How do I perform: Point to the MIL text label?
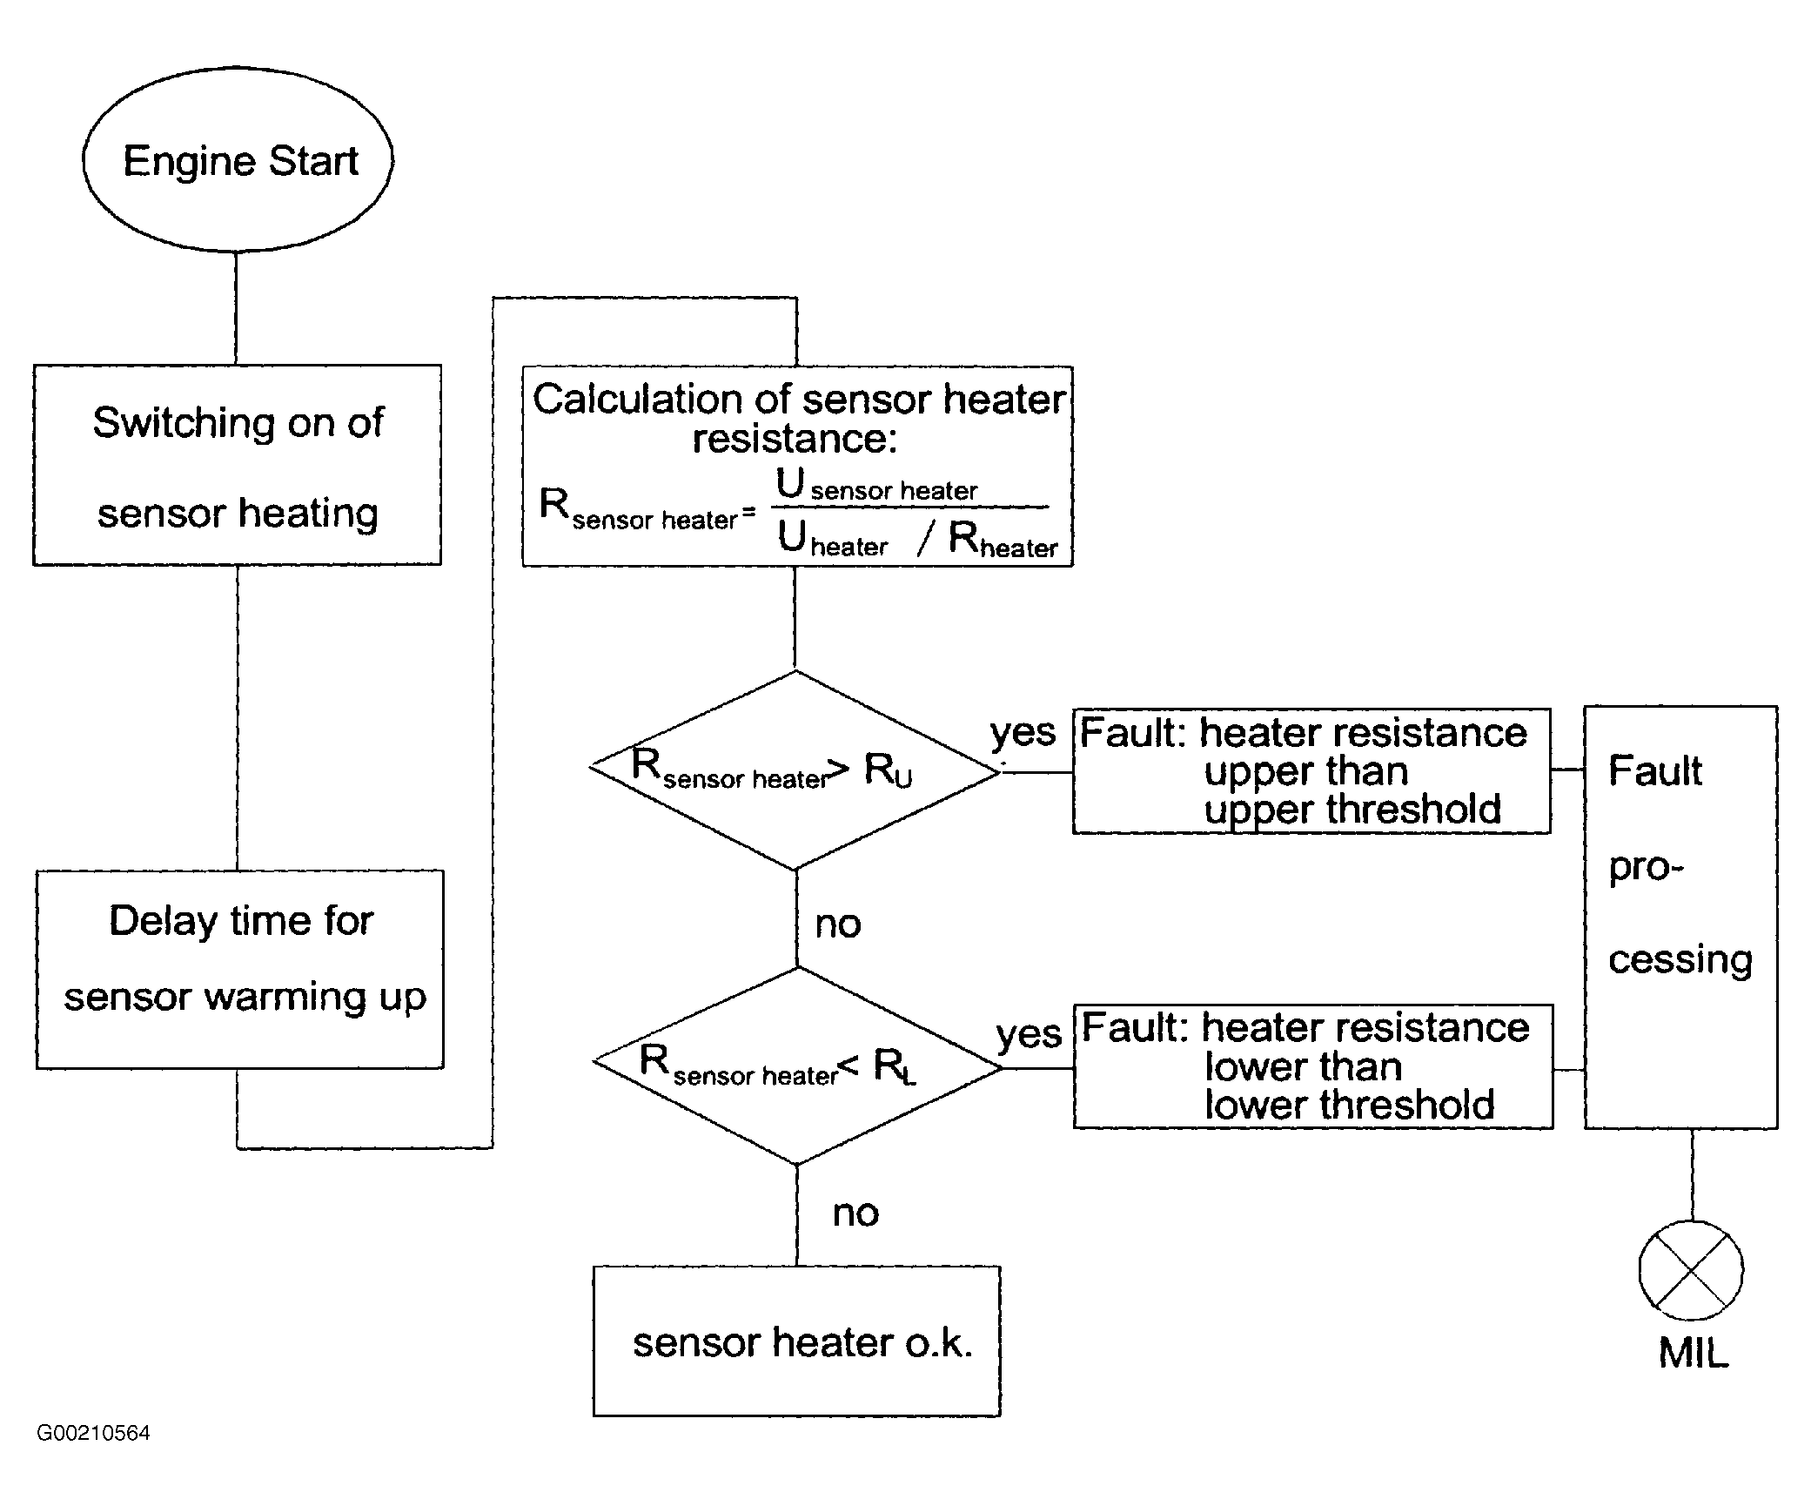(1694, 1353)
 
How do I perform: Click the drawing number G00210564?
(93, 1433)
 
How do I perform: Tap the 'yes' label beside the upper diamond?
(1023, 733)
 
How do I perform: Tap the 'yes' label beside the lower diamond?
(1029, 1035)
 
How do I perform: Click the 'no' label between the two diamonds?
(838, 924)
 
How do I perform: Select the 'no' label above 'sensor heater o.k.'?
(855, 1213)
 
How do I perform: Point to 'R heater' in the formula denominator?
(1003, 540)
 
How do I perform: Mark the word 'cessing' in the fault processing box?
(1680, 959)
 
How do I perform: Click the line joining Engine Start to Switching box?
(236, 308)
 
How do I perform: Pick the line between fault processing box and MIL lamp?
(1692, 1175)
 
